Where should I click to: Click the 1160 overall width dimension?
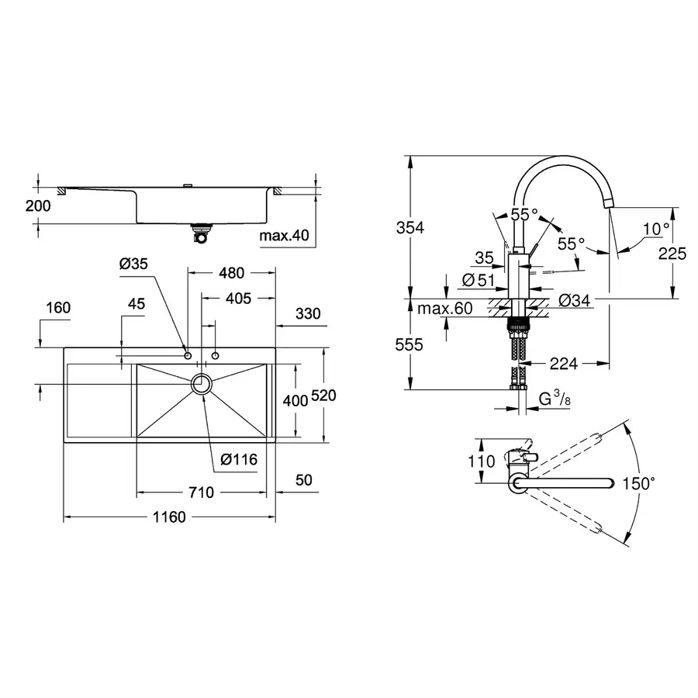pyautogui.click(x=168, y=517)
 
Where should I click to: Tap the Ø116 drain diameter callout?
pyautogui.click(x=238, y=459)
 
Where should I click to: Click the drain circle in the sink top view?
pyautogui.click(x=202, y=384)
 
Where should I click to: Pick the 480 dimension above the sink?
pyautogui.click(x=231, y=273)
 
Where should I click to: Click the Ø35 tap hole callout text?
pyautogui.click(x=133, y=264)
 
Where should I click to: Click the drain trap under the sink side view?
pyautogui.click(x=202, y=233)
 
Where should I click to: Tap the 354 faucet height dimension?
pyautogui.click(x=409, y=227)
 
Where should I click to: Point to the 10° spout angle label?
pyautogui.click(x=655, y=228)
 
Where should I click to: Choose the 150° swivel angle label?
pyautogui.click(x=638, y=483)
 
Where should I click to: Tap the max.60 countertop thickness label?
pyautogui.click(x=444, y=309)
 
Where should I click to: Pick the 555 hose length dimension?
pyautogui.click(x=409, y=346)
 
